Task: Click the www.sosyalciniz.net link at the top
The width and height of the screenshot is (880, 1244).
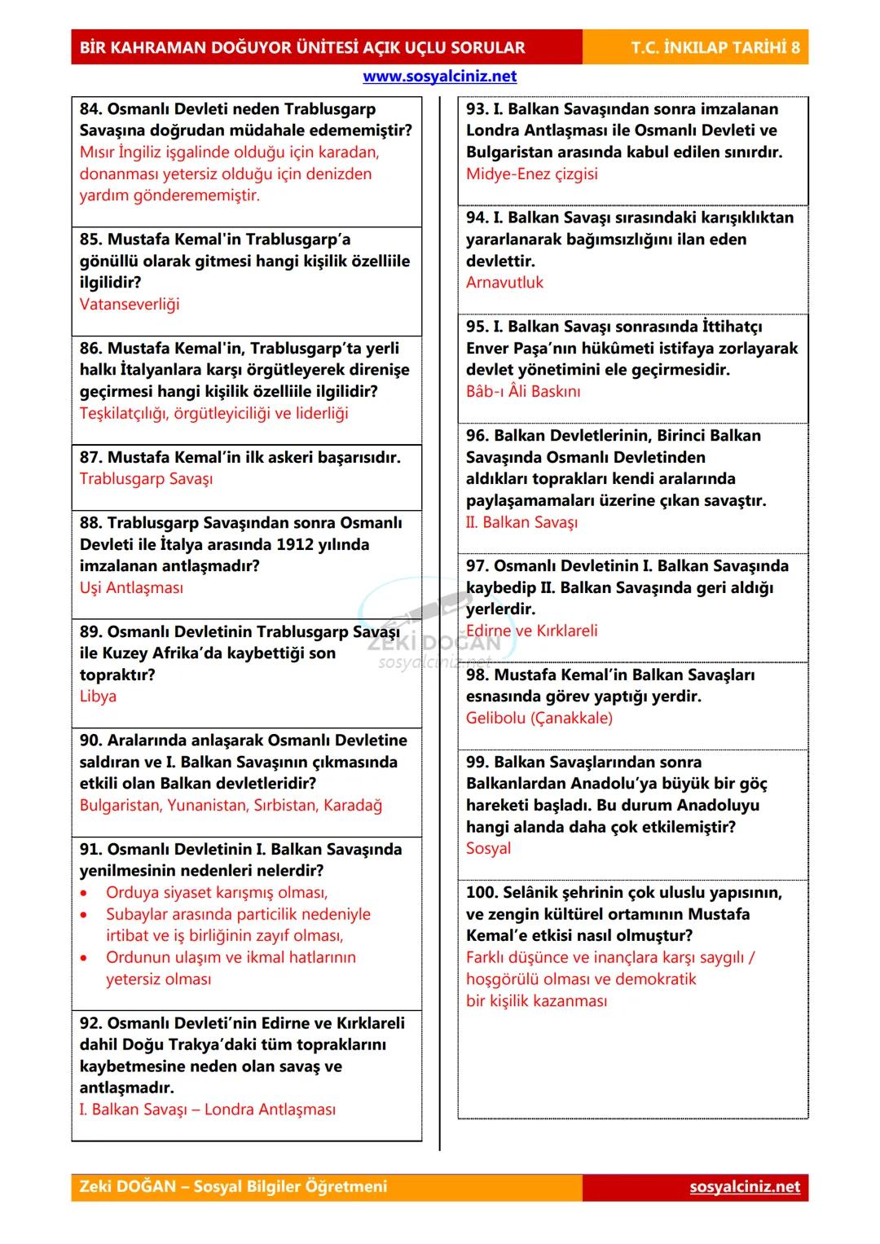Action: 439,77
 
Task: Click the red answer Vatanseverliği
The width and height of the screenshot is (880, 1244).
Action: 130,304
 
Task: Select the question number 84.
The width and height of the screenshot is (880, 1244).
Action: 90,109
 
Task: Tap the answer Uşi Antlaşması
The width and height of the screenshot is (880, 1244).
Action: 131,587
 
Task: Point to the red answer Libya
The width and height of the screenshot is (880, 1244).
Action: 98,696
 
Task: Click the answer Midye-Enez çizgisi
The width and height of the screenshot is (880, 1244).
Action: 531,174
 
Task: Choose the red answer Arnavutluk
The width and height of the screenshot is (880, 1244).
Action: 504,283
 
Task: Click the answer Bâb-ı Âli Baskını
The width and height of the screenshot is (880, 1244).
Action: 523,391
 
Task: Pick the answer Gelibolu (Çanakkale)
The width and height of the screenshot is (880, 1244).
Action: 539,718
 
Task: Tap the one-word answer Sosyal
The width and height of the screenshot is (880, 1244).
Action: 488,848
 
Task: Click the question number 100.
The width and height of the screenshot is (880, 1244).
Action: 481,892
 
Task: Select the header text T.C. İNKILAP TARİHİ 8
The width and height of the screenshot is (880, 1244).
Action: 715,47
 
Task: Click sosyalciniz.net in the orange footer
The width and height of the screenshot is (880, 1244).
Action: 744,1186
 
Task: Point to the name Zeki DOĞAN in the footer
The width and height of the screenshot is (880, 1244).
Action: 127,1186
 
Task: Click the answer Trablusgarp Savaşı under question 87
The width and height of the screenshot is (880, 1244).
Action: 146,478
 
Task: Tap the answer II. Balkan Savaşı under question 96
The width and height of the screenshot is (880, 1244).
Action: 521,522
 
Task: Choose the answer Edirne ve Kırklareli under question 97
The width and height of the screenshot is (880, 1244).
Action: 531,631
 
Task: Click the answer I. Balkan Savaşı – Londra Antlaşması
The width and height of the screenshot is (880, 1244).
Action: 207,1109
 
